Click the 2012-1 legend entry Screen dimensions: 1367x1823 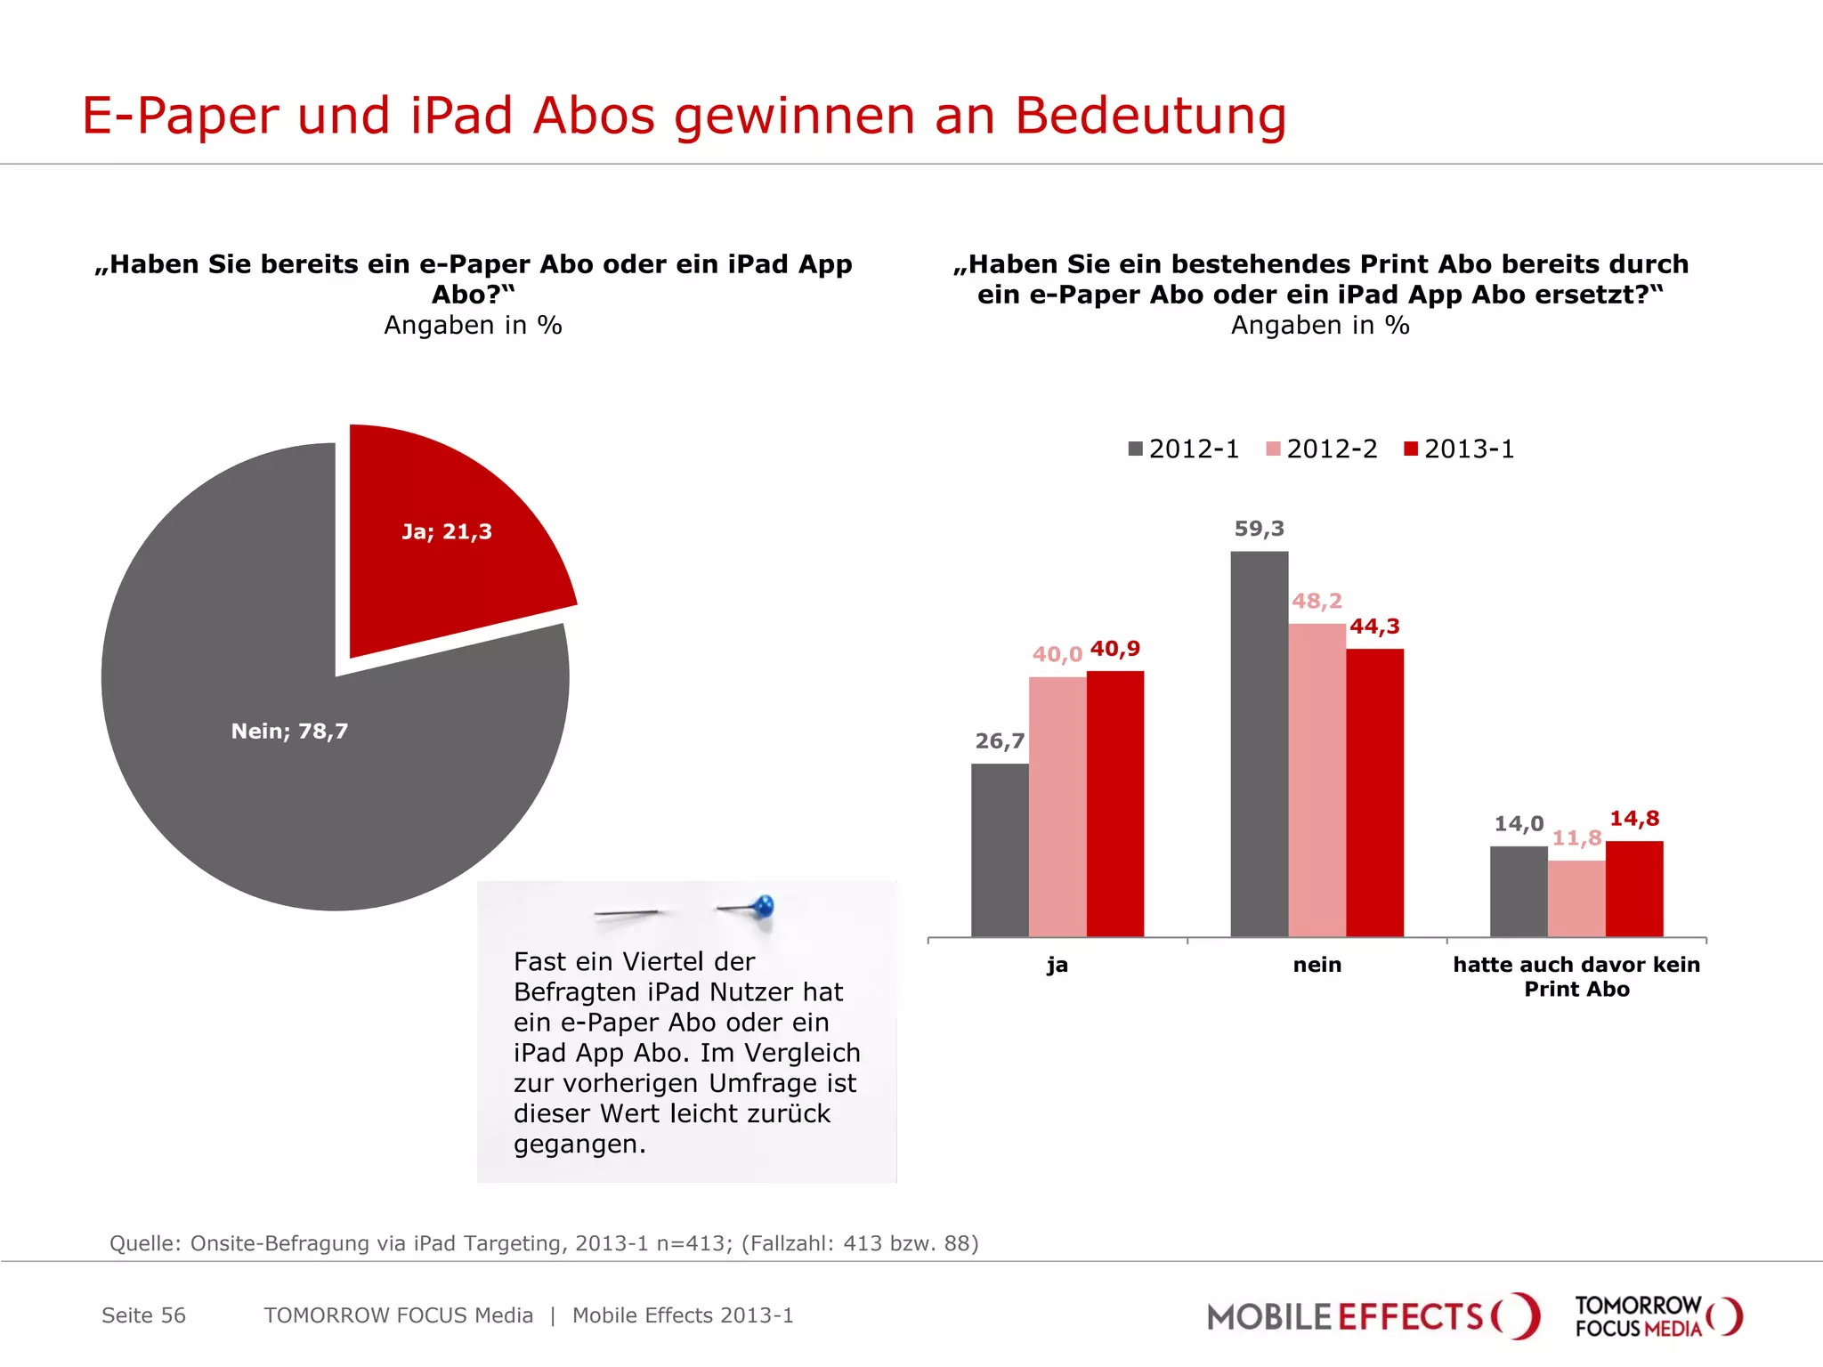[1183, 449]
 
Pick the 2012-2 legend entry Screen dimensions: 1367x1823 [1321, 449]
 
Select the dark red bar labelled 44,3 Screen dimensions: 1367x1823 [1374, 792]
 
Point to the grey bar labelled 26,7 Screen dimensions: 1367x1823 [1000, 850]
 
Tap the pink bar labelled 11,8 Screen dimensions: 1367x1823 [1576, 898]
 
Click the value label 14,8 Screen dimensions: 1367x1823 [1634, 819]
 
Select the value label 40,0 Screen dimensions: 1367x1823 [1057, 655]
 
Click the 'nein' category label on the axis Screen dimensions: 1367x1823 [1317, 965]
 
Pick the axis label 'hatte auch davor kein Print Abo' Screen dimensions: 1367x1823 [1576, 976]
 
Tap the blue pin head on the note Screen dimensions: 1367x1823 [764, 907]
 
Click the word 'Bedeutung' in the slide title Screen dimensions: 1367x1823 [1150, 116]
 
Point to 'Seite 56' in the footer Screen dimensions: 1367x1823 [143, 1315]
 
